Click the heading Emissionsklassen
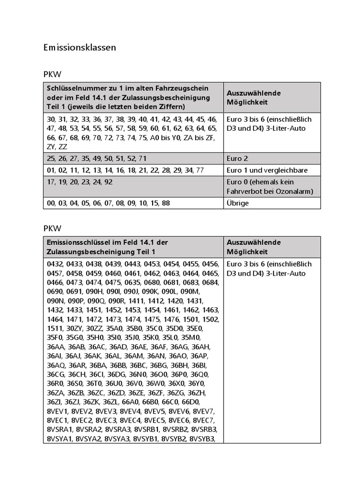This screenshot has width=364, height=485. point(79,47)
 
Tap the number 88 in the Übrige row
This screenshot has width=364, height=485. point(165,203)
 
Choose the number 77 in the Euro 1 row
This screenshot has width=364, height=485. point(200,170)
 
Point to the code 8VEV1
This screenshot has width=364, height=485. point(58,410)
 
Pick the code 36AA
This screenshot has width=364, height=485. point(56,346)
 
